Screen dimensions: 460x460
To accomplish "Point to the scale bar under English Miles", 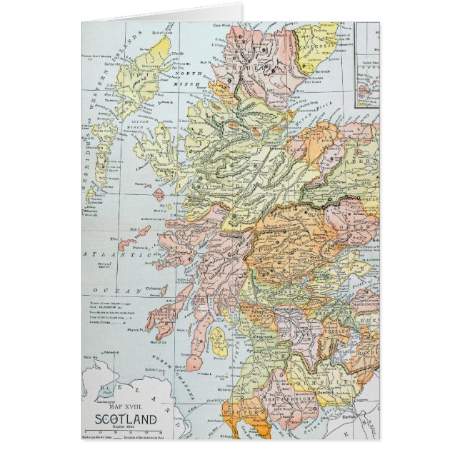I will click(125, 431).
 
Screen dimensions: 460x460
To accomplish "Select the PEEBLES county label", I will click(334, 335).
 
